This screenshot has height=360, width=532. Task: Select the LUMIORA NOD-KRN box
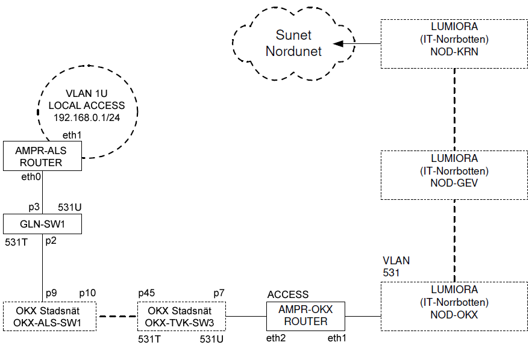(x=454, y=43)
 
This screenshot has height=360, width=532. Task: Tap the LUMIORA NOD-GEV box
(x=454, y=175)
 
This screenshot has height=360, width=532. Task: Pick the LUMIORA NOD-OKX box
(x=454, y=306)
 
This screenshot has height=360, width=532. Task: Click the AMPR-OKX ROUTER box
(x=306, y=316)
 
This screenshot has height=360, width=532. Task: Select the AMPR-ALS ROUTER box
(x=42, y=155)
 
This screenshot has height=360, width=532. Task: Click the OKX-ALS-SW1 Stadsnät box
(x=49, y=317)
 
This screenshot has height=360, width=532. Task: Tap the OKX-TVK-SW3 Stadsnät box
(x=181, y=317)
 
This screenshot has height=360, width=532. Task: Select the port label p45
(x=147, y=293)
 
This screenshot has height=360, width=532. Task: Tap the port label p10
(x=88, y=293)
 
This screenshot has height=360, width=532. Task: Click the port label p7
(x=219, y=293)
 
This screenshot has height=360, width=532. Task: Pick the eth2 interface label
(x=277, y=340)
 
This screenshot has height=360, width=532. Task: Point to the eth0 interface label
(x=30, y=177)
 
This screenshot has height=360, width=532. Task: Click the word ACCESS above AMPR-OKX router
(x=288, y=295)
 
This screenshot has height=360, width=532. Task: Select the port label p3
(x=34, y=207)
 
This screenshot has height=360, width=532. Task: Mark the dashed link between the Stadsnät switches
(x=117, y=317)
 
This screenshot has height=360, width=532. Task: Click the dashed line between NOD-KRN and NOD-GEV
(x=454, y=108)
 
